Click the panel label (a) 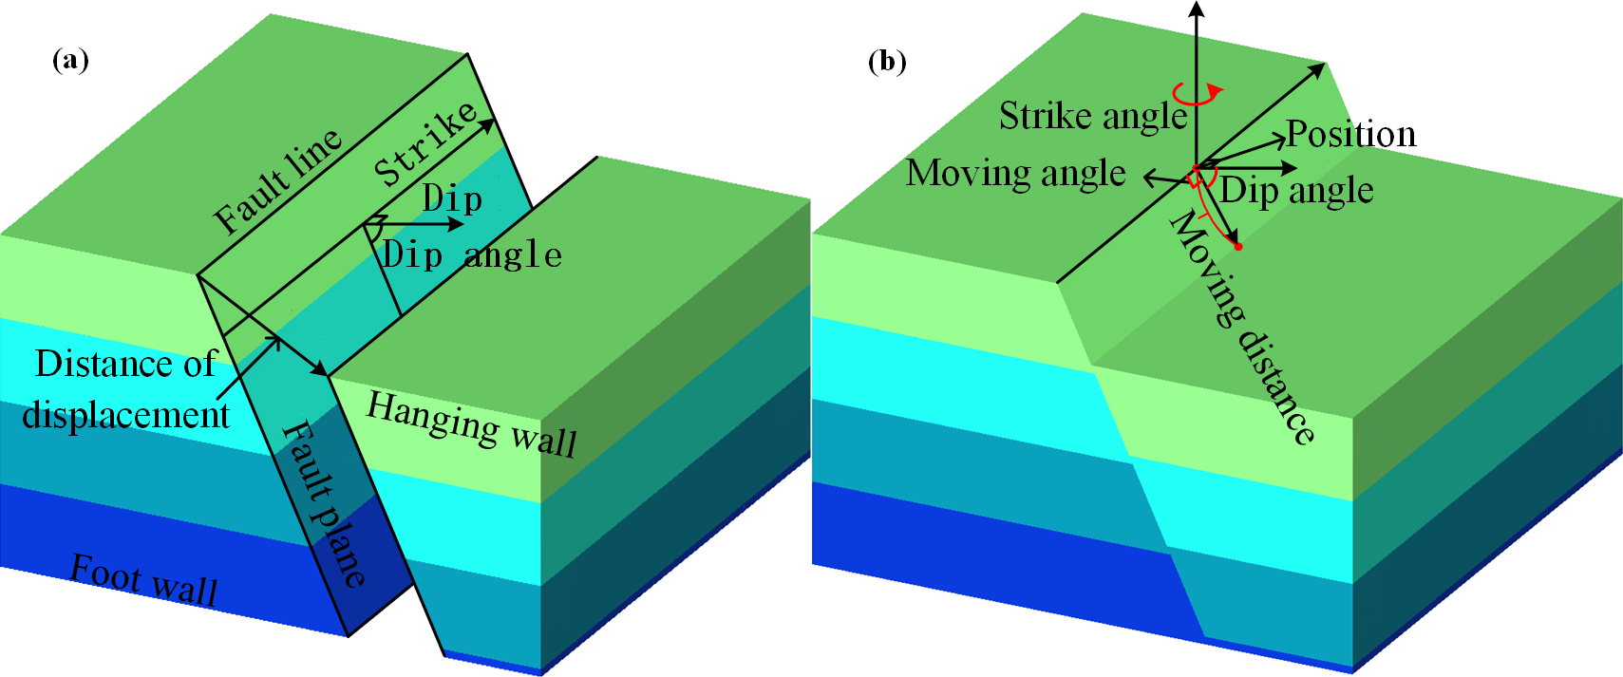70,61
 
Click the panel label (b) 887,62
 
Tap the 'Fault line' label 277,180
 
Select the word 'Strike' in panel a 425,143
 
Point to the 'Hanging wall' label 471,423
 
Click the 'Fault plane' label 323,503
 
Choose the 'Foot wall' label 144,578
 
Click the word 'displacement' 125,415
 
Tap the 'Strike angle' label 1093,116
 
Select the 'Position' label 1350,134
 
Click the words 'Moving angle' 1015,173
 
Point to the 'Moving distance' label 1242,328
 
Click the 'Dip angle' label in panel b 1296,190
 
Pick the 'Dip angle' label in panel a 472,254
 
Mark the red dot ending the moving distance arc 1237,247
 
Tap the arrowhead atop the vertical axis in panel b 1197,8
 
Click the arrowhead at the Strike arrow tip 489,123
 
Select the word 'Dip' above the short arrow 452,199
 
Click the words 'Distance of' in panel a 125,364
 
